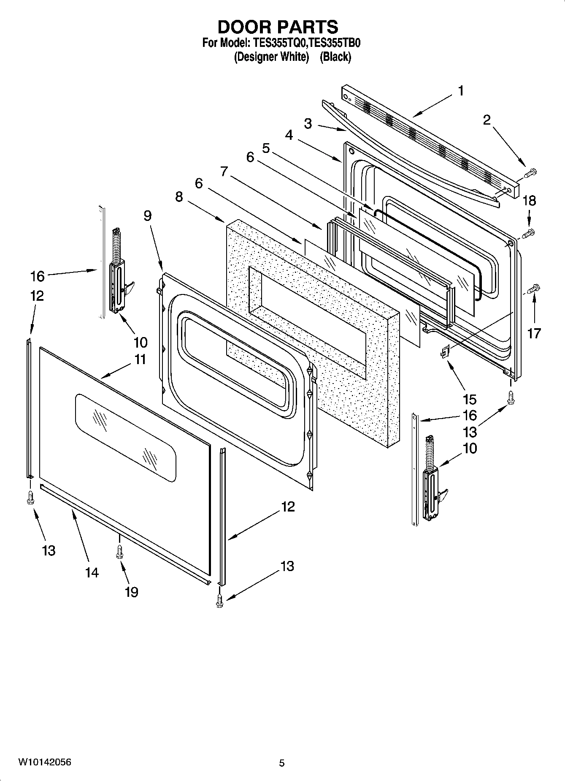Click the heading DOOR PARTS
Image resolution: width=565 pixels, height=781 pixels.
point(278,27)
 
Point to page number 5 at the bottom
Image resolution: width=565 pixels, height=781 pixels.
point(282,763)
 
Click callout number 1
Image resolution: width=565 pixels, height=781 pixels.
point(461,91)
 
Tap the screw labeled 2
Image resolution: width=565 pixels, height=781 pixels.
point(530,172)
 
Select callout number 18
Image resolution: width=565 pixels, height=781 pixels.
point(529,201)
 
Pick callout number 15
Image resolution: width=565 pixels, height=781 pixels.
point(469,399)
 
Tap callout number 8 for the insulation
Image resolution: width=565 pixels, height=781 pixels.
point(179,196)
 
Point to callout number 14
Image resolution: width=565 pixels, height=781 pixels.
point(92,573)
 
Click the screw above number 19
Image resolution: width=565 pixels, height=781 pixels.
point(119,551)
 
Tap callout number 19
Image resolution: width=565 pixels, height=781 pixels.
point(131,592)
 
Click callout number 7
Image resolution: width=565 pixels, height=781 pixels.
point(224,171)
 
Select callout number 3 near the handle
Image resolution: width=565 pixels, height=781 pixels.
point(308,124)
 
